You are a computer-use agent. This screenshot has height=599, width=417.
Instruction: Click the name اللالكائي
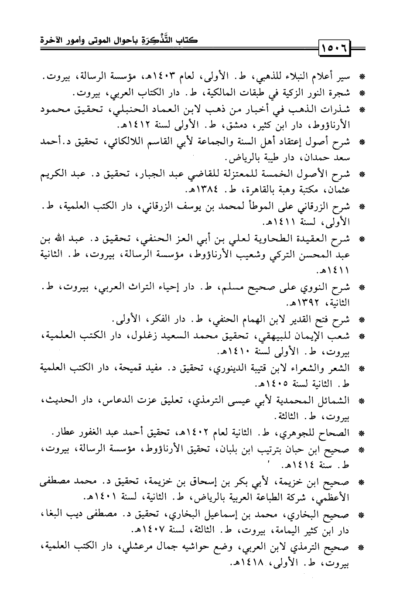(131, 142)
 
